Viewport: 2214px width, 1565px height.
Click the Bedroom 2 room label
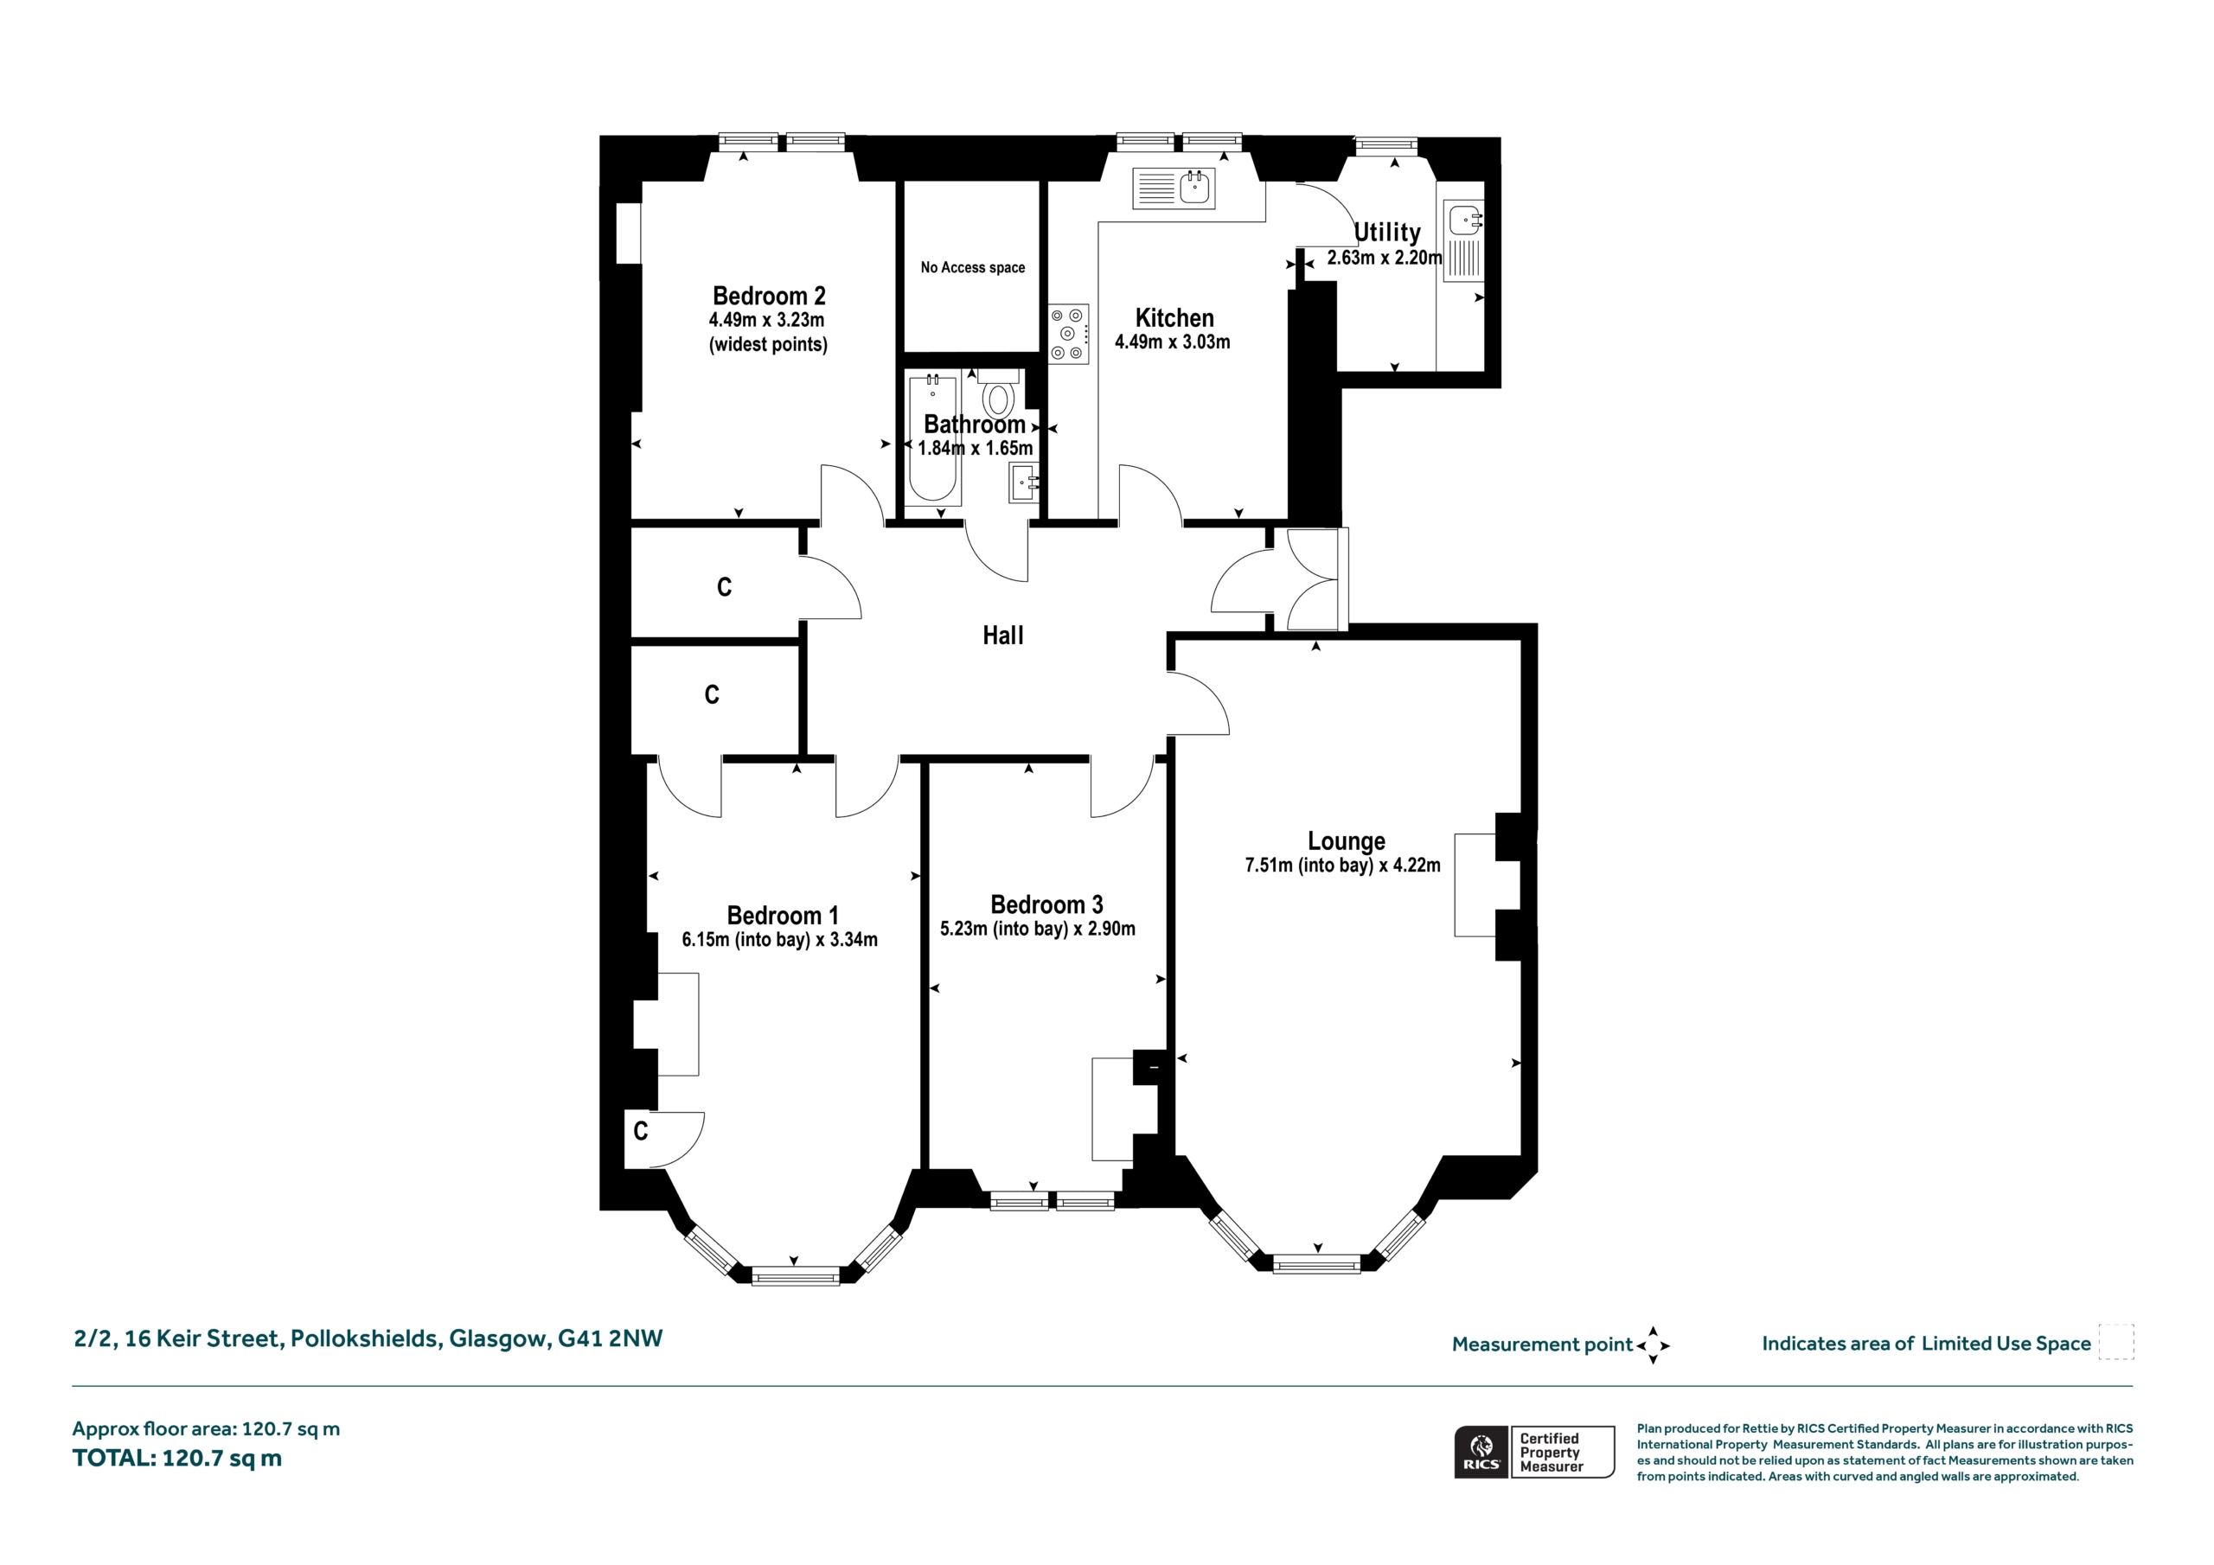pos(769,296)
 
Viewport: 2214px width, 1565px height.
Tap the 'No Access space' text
pos(972,267)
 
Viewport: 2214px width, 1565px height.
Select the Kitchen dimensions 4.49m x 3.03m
pos(1172,342)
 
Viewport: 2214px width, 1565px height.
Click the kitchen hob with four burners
pos(1068,335)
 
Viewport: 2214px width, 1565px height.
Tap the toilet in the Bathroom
pos(998,393)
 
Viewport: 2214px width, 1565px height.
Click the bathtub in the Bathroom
pos(932,438)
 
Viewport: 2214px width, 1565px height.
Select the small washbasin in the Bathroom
pos(1023,482)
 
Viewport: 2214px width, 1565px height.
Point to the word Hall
pos(1003,636)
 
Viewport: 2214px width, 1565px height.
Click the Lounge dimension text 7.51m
pos(1268,865)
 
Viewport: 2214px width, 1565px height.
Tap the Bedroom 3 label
pos(1046,904)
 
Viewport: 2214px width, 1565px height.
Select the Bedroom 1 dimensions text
pos(779,939)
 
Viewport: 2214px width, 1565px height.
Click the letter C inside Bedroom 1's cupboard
pos(641,1130)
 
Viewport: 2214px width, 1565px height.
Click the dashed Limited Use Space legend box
pos(2116,1341)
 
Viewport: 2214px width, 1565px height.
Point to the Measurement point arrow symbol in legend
pos(1653,1345)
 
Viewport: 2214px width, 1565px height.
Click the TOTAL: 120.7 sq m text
pos(177,1457)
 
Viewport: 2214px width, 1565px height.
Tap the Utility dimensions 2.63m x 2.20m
pos(1384,258)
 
